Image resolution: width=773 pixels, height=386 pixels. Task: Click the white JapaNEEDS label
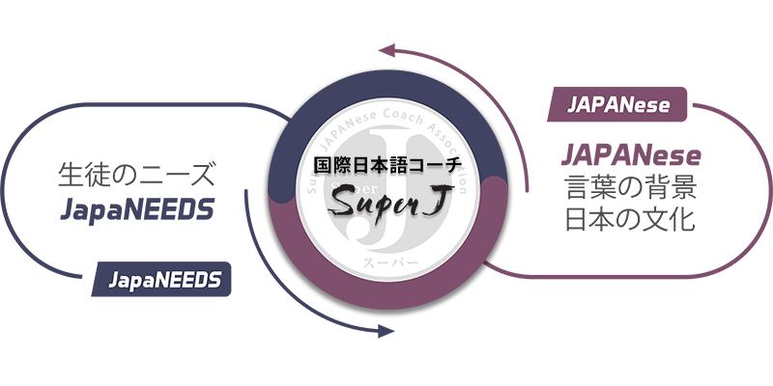coord(165,281)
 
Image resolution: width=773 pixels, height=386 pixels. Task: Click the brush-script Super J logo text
coord(386,201)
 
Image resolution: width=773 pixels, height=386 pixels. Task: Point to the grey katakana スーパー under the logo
coord(386,261)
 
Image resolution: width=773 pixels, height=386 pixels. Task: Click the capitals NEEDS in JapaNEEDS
coord(188,281)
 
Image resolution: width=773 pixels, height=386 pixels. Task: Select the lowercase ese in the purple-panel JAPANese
coord(652,104)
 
